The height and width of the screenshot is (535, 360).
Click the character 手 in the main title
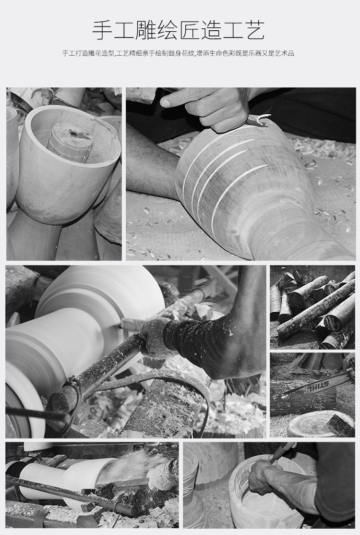(103, 30)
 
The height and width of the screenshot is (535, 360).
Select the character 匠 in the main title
(190, 30)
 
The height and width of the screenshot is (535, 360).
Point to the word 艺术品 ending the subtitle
(285, 53)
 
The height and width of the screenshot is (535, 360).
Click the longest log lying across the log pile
(315, 309)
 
